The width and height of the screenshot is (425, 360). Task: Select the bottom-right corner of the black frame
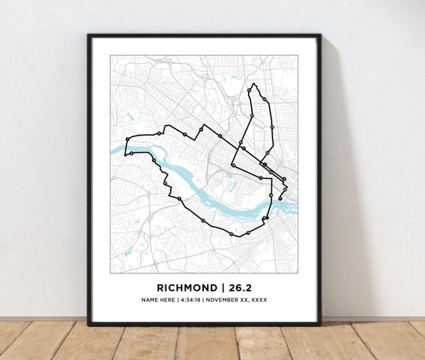320,323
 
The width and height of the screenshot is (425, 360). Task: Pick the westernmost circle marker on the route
127,139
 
